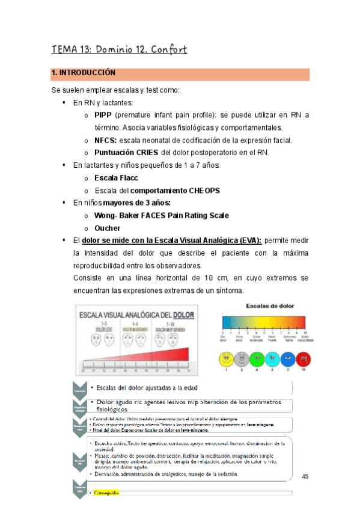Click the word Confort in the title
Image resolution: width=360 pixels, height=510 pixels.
click(165, 49)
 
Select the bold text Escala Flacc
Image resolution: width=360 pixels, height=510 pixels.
click(116, 178)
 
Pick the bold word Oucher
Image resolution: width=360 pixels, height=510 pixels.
click(108, 228)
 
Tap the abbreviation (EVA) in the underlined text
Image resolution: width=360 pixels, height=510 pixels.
click(249, 241)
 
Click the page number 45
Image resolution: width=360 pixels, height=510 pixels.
click(305, 476)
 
